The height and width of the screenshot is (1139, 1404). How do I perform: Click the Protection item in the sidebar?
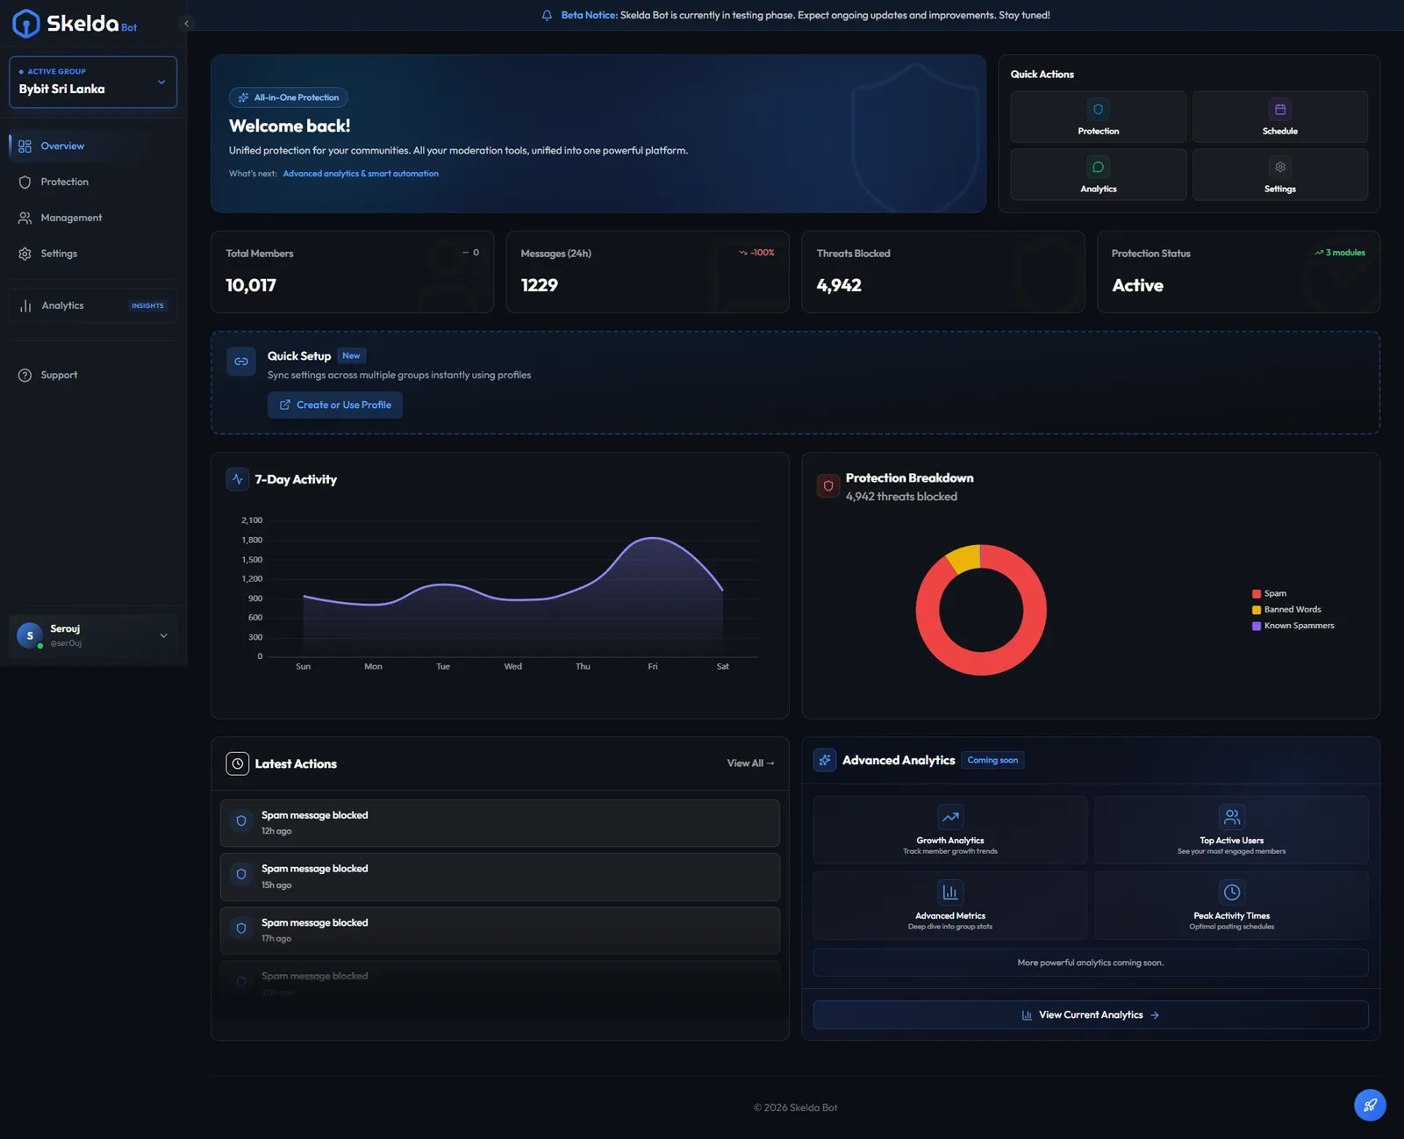tap(64, 182)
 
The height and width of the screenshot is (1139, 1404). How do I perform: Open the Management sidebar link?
tap(70, 218)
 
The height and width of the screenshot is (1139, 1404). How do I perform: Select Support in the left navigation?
tap(59, 375)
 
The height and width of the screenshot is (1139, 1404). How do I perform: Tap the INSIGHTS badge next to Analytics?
tap(147, 305)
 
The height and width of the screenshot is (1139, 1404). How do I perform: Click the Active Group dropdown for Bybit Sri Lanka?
tap(92, 82)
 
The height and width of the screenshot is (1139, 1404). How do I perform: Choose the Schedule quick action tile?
tap(1279, 117)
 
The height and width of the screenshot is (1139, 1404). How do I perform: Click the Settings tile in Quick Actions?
tap(1279, 175)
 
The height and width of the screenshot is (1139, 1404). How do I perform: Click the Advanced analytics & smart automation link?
tap(360, 174)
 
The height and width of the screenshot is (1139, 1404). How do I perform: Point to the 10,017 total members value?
tap(251, 285)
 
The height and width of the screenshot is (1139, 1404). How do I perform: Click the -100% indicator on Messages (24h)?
tap(757, 253)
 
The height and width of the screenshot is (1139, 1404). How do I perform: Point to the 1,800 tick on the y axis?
tap(252, 540)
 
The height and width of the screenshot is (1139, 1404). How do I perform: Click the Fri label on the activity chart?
tap(652, 667)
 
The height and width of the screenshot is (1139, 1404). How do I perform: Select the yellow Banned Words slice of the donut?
tap(965, 558)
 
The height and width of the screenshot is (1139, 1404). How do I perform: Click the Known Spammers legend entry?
tap(1297, 626)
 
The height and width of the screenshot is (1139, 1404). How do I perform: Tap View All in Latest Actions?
tap(749, 763)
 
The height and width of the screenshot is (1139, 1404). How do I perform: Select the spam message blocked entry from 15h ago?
tap(499, 877)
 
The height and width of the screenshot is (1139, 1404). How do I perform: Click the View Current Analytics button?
tap(1090, 1014)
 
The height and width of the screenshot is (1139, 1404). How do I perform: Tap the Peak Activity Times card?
tap(1230, 905)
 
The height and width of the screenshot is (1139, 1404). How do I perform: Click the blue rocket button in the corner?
tap(1369, 1105)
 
